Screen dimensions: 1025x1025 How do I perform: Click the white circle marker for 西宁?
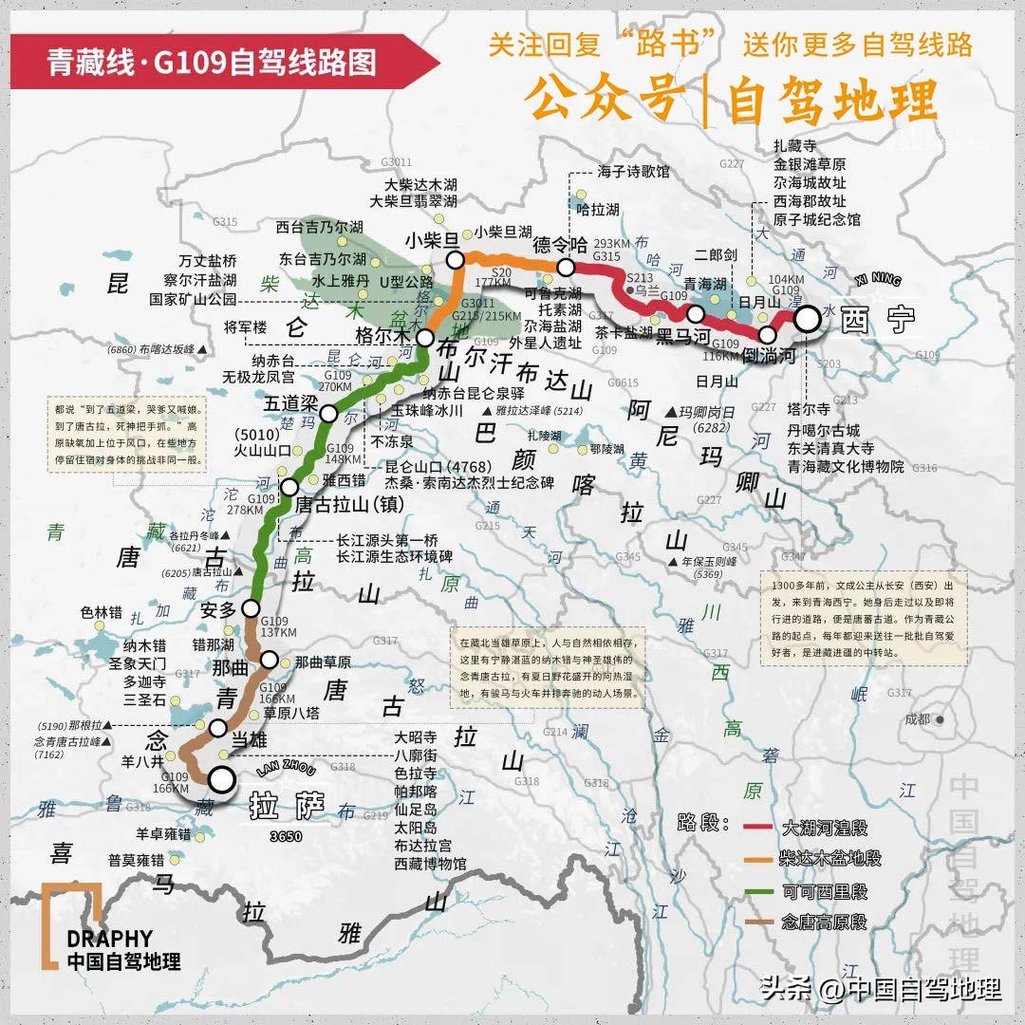(807, 320)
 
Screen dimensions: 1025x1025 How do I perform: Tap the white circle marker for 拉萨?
(222, 780)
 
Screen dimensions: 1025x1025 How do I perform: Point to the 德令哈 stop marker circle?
(567, 267)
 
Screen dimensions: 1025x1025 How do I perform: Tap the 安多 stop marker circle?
(252, 607)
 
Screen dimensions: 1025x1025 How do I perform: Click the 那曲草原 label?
(323, 662)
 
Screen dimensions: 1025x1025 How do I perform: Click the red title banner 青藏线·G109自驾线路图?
(213, 63)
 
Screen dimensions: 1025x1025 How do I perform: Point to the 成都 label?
(918, 719)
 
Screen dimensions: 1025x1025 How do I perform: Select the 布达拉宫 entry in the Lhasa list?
(423, 846)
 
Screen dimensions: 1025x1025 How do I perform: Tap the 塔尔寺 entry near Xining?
(809, 410)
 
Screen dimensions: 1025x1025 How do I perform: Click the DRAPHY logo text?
(109, 939)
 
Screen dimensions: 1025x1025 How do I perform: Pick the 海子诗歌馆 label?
(633, 172)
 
